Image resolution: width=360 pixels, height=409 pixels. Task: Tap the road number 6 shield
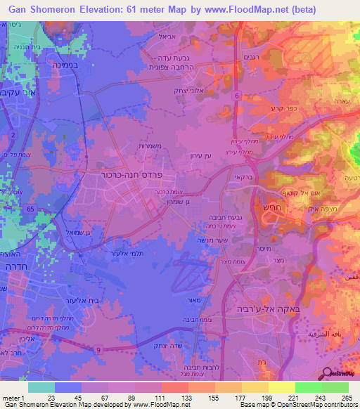tap(237, 96)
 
